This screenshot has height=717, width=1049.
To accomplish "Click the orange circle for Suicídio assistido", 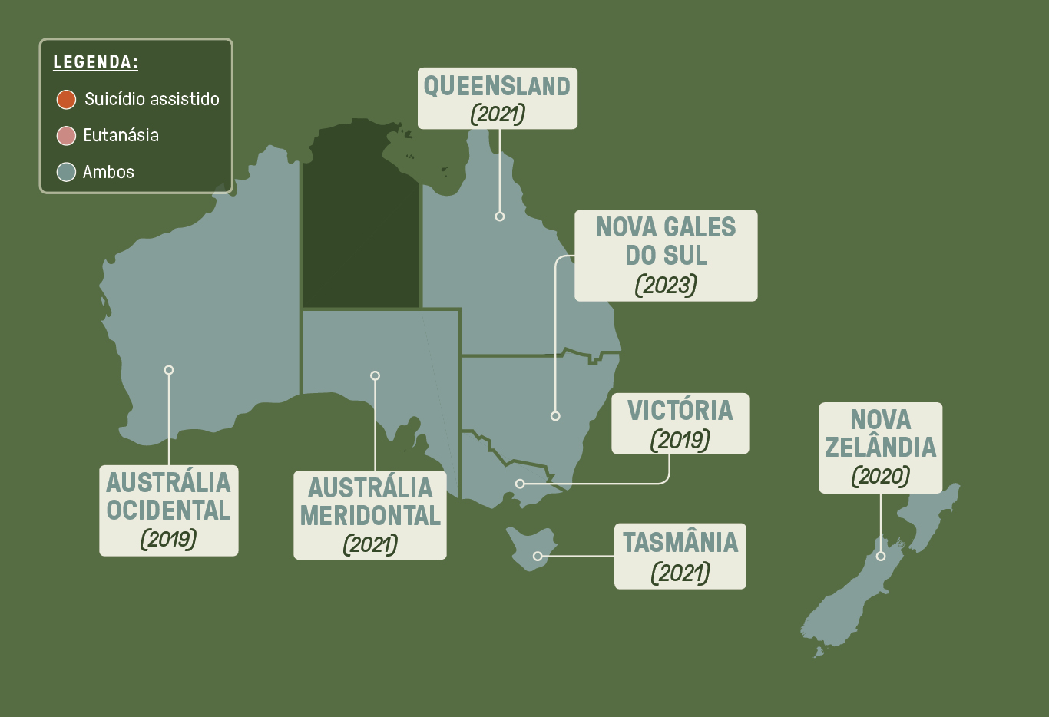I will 66,99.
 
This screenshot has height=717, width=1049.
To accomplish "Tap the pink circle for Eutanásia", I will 66,136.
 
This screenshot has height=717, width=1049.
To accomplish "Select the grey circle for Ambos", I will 66,172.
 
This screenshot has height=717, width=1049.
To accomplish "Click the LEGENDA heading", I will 95,62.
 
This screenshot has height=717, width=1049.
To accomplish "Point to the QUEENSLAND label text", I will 497,86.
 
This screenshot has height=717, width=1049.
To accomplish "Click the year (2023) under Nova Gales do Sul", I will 666,285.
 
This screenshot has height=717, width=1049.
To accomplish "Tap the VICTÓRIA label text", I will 680,411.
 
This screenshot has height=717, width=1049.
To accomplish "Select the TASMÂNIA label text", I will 680,543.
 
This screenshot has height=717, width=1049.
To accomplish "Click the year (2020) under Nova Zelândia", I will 880,476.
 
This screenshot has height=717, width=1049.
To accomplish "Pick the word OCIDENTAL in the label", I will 168,510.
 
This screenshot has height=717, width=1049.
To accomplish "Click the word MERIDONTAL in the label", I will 370,516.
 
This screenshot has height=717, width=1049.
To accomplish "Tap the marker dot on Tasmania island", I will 538,556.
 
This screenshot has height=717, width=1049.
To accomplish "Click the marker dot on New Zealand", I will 881,556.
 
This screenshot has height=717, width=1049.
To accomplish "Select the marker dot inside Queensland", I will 500,216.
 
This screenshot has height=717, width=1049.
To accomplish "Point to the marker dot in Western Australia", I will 169,370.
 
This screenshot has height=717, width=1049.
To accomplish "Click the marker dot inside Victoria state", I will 520,484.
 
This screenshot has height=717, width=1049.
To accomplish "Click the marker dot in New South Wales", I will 555,416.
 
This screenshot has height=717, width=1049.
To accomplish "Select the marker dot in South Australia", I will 375,375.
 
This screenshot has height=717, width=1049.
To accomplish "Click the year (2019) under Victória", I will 680,440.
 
